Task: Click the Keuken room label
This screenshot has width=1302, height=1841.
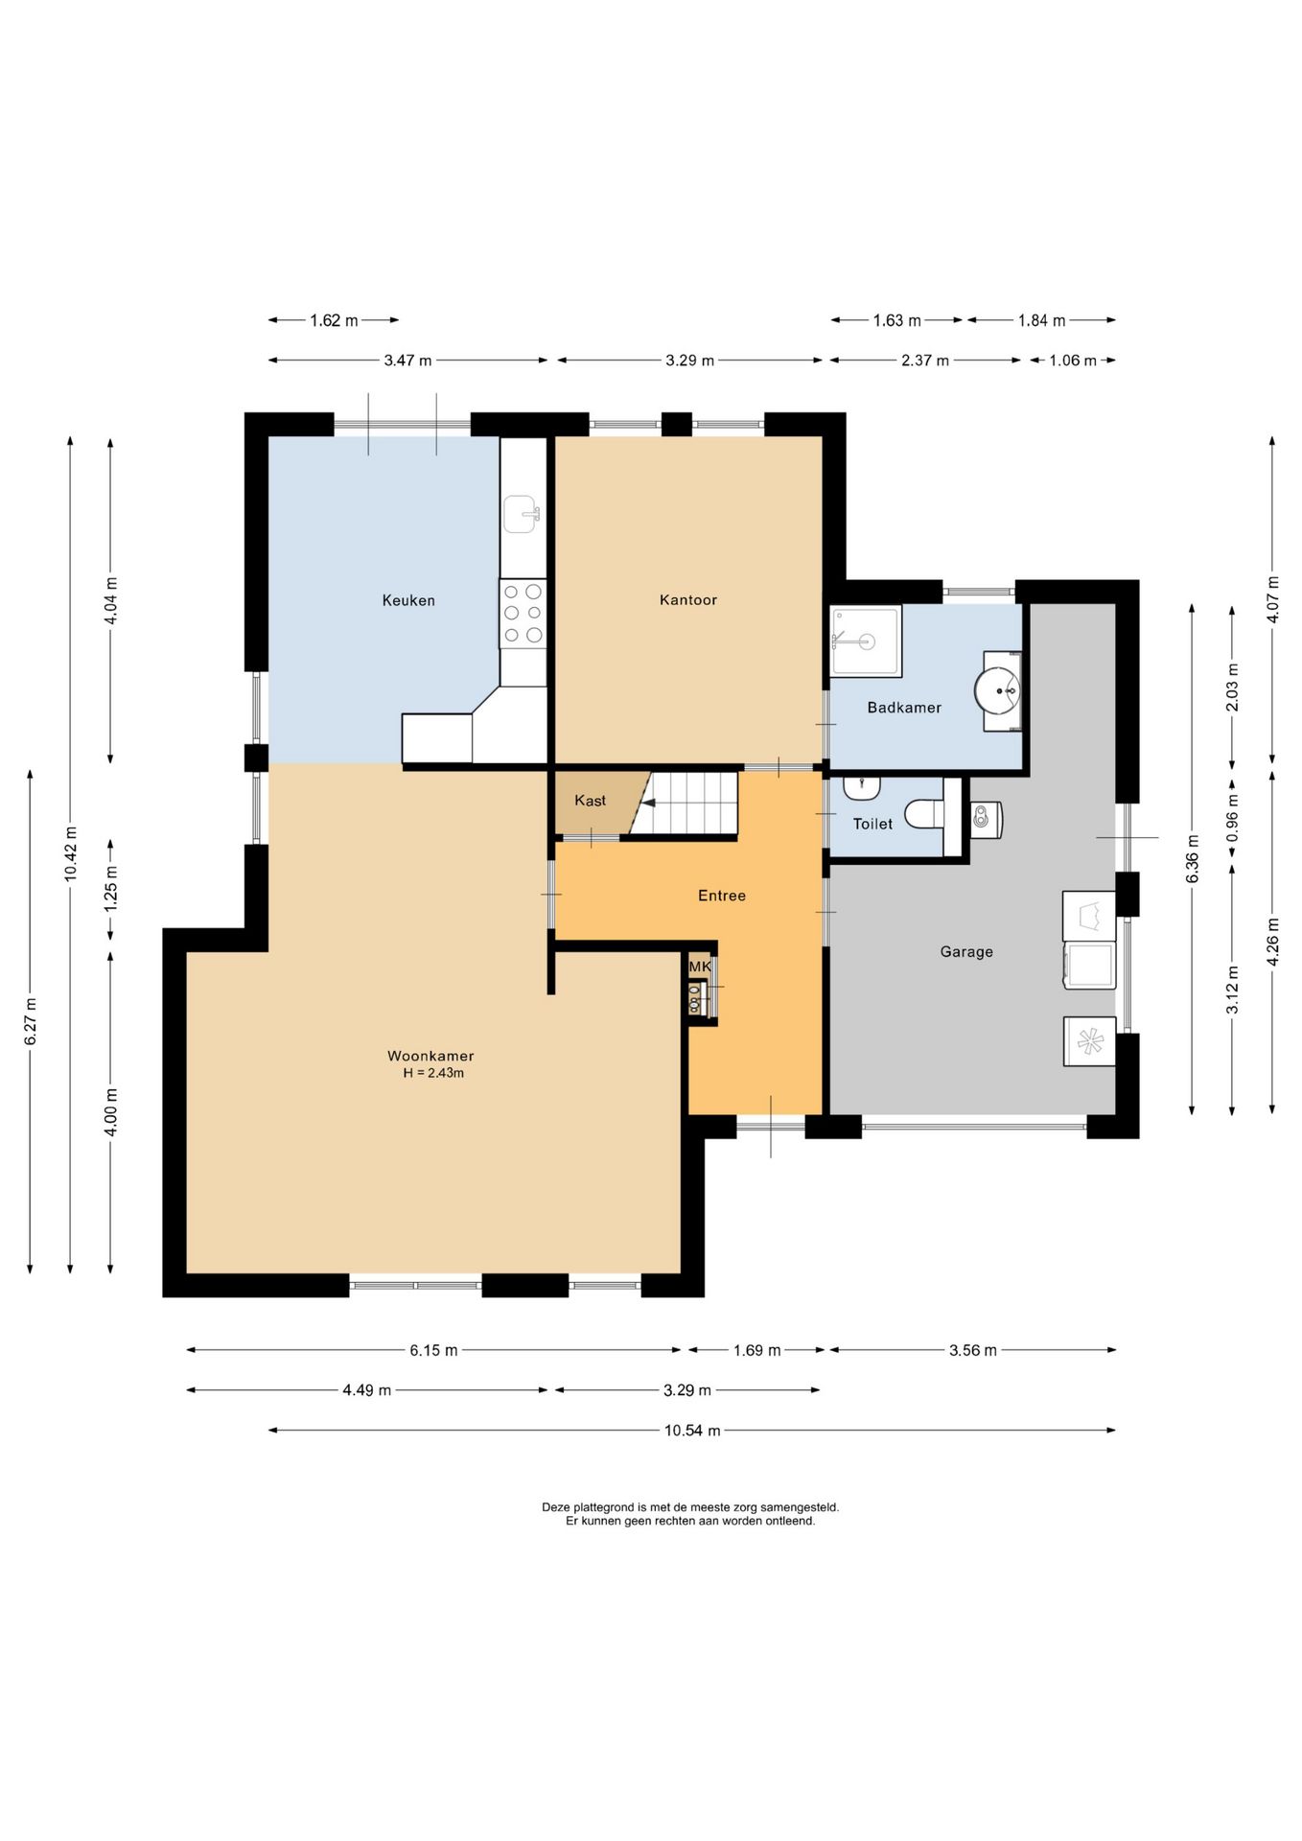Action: click(408, 600)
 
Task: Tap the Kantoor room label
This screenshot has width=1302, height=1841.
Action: click(688, 600)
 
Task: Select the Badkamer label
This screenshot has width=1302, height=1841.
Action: click(904, 708)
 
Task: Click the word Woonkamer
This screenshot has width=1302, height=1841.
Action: click(430, 1056)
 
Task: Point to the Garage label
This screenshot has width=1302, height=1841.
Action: click(966, 951)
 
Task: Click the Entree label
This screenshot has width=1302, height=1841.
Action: click(722, 896)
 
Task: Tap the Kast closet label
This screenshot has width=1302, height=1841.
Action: click(591, 801)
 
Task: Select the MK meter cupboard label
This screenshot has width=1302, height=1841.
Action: click(700, 967)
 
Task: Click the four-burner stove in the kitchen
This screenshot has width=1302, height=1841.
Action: click(523, 614)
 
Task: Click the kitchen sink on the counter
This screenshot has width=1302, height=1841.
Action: click(523, 514)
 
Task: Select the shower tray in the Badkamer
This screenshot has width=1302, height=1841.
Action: click(866, 641)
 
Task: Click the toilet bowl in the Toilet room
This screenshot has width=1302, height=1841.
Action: click(924, 814)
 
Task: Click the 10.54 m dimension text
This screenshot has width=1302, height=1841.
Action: click(692, 1431)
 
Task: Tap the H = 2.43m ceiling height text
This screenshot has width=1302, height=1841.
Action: click(433, 1073)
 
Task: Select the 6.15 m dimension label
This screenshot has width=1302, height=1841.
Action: click(433, 1350)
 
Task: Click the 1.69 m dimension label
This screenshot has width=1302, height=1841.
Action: click(757, 1350)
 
